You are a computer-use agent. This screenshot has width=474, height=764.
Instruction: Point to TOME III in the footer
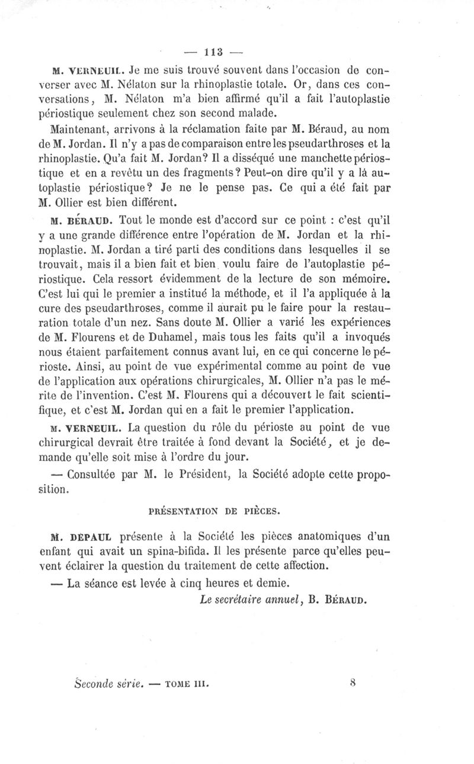point(188,683)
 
